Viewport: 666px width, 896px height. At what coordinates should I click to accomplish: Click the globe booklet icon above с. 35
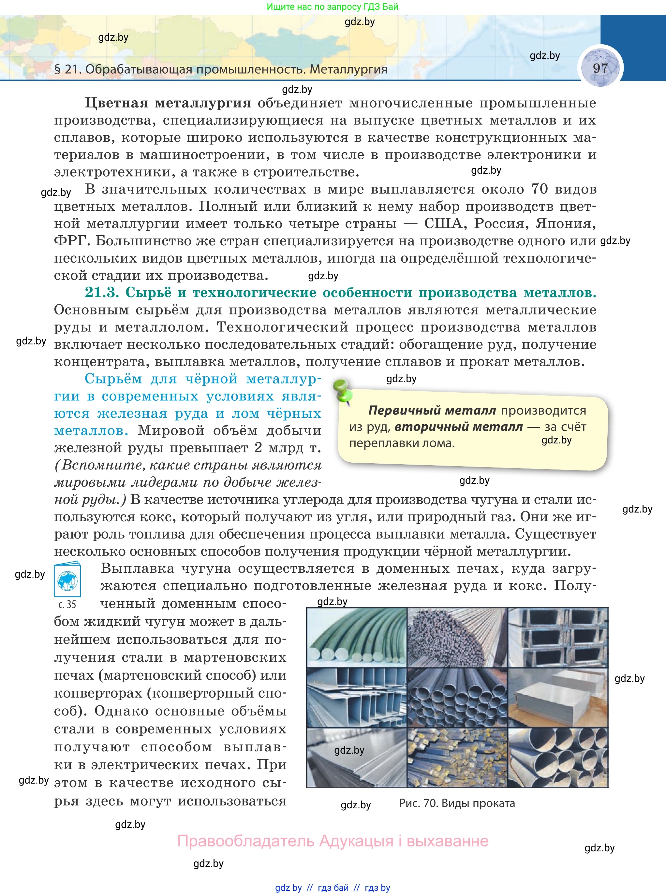click(x=67, y=580)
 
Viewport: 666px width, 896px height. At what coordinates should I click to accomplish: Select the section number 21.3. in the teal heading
click(x=102, y=293)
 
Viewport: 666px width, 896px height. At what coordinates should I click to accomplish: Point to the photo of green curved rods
click(x=357, y=637)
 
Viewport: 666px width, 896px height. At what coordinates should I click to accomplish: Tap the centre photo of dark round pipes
click(x=457, y=697)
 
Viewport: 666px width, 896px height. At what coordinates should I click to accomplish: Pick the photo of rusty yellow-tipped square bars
click(x=457, y=758)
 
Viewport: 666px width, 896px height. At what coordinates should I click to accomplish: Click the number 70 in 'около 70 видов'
click(x=540, y=189)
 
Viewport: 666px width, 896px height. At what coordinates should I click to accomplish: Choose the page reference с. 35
click(x=67, y=604)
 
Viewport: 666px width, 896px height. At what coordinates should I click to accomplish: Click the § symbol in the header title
click(x=57, y=69)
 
